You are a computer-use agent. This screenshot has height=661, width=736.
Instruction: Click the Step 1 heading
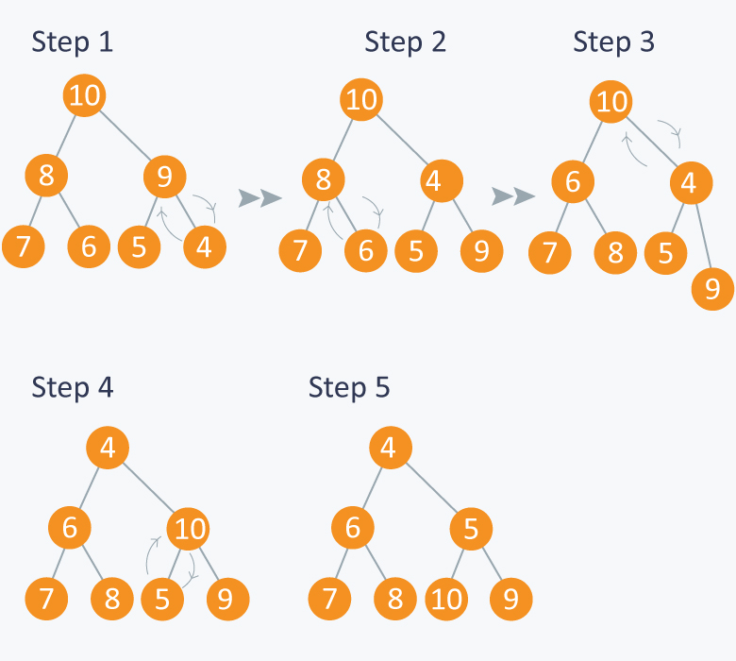click(x=73, y=42)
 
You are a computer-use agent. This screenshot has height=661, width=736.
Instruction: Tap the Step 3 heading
click(x=613, y=42)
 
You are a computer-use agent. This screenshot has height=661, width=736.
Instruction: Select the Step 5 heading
click(x=349, y=387)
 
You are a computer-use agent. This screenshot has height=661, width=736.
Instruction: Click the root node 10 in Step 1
click(x=85, y=95)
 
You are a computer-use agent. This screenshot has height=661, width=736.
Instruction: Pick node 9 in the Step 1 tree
click(x=165, y=177)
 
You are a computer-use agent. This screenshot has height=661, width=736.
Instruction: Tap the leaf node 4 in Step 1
click(x=205, y=247)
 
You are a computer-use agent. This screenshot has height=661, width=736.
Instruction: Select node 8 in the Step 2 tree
click(x=324, y=180)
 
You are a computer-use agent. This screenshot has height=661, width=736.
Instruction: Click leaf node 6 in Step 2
click(x=366, y=251)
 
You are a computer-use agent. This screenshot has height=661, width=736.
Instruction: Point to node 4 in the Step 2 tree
click(x=442, y=181)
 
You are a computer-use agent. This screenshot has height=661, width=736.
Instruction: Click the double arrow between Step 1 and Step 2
click(x=260, y=197)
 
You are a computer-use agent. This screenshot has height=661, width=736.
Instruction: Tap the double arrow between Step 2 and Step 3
click(x=513, y=195)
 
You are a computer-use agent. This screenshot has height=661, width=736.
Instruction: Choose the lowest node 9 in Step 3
click(x=712, y=289)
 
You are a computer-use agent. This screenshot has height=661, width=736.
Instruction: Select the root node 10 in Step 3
click(x=611, y=101)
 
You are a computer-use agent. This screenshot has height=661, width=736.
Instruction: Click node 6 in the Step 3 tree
click(x=573, y=182)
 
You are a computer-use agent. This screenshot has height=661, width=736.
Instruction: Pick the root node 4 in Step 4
click(x=108, y=448)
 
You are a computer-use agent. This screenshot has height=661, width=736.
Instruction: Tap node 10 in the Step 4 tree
click(x=188, y=529)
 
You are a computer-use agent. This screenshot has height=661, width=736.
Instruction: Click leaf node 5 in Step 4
click(x=162, y=600)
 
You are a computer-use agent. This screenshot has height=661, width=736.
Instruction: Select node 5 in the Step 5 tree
click(x=471, y=529)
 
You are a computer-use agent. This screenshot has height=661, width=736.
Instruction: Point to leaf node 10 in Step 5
click(x=446, y=600)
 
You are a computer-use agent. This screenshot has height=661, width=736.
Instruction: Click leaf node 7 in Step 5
click(x=329, y=599)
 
